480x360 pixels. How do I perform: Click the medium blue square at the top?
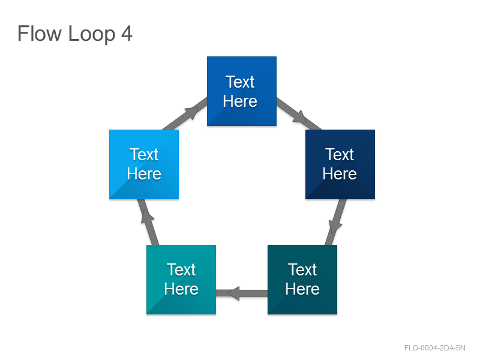[242, 91]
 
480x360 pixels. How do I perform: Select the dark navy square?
[340, 164]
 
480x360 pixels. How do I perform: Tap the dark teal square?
[302, 280]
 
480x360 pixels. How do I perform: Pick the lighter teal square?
[181, 280]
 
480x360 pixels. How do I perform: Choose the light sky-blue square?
[144, 164]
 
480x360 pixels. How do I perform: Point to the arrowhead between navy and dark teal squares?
[335, 227]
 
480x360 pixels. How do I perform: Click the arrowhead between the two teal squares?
[233, 293]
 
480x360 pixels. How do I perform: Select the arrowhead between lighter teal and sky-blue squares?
[148, 217]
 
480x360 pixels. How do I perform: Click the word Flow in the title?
[40, 33]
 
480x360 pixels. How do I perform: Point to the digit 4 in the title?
[127, 33]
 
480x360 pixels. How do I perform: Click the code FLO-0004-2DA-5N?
[434, 348]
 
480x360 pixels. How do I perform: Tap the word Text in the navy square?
[340, 154]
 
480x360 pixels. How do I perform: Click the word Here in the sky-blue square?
[144, 174]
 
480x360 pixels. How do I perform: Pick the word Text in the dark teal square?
[302, 269]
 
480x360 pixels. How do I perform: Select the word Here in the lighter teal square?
[181, 289]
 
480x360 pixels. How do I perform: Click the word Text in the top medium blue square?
[240, 82]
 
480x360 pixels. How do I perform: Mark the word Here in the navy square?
[340, 174]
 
